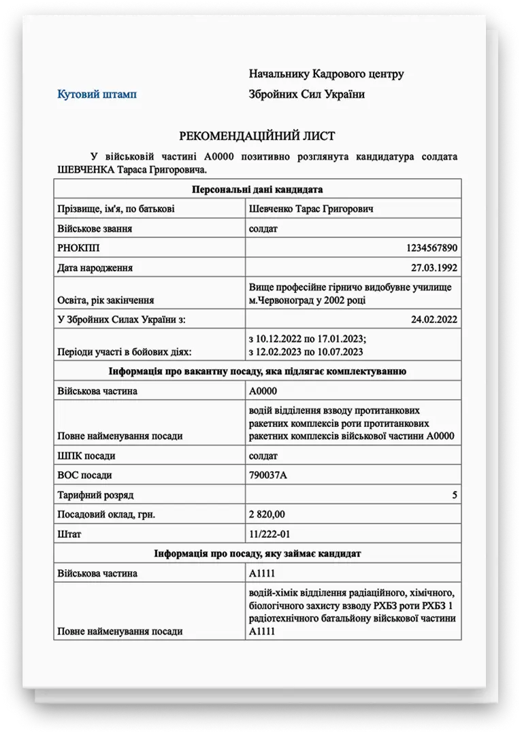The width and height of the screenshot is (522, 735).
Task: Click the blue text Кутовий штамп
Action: (97, 94)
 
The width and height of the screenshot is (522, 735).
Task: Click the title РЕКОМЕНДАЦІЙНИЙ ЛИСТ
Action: (257, 136)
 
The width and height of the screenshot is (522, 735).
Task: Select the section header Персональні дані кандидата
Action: (257, 188)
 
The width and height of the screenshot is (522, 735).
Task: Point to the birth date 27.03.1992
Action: (434, 267)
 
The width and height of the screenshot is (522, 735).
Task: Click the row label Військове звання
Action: (95, 228)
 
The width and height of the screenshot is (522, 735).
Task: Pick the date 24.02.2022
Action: (434, 318)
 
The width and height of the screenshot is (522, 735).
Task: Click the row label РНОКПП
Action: (74, 248)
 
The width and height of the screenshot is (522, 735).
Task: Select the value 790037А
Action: (268, 475)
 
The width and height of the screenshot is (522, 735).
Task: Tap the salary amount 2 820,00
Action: (267, 515)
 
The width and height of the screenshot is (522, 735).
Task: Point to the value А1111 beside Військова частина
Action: (263, 573)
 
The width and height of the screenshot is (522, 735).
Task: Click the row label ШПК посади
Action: (86, 456)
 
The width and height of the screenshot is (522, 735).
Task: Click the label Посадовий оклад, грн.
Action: (106, 515)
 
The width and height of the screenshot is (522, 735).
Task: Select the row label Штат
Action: (69, 534)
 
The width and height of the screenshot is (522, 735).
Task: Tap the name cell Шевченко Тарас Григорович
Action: (311, 209)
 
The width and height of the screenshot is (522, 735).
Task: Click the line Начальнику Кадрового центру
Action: (326, 73)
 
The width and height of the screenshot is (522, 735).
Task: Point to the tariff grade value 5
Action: (455, 495)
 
